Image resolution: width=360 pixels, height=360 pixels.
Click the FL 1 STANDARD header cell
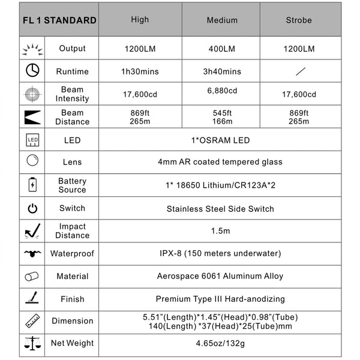click(59, 20)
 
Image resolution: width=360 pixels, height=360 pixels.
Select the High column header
click(140, 20)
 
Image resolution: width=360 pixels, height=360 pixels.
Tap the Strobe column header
click(298, 20)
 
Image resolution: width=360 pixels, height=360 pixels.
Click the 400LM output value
click(222, 49)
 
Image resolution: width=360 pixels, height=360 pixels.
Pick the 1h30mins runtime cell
click(140, 71)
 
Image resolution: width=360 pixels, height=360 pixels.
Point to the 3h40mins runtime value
click(222, 71)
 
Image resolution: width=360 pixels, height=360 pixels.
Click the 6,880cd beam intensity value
click(222, 91)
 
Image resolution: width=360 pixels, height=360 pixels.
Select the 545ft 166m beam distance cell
click(222, 117)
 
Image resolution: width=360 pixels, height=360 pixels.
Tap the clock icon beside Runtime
click(32, 71)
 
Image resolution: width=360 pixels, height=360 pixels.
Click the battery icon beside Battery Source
click(32, 185)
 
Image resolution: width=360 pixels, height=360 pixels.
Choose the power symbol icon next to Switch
click(32, 208)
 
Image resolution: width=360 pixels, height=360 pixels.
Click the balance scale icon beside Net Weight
click(32, 343)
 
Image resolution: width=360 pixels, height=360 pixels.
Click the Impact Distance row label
click(72, 231)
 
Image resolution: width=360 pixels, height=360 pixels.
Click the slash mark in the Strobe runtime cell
click(298, 71)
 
